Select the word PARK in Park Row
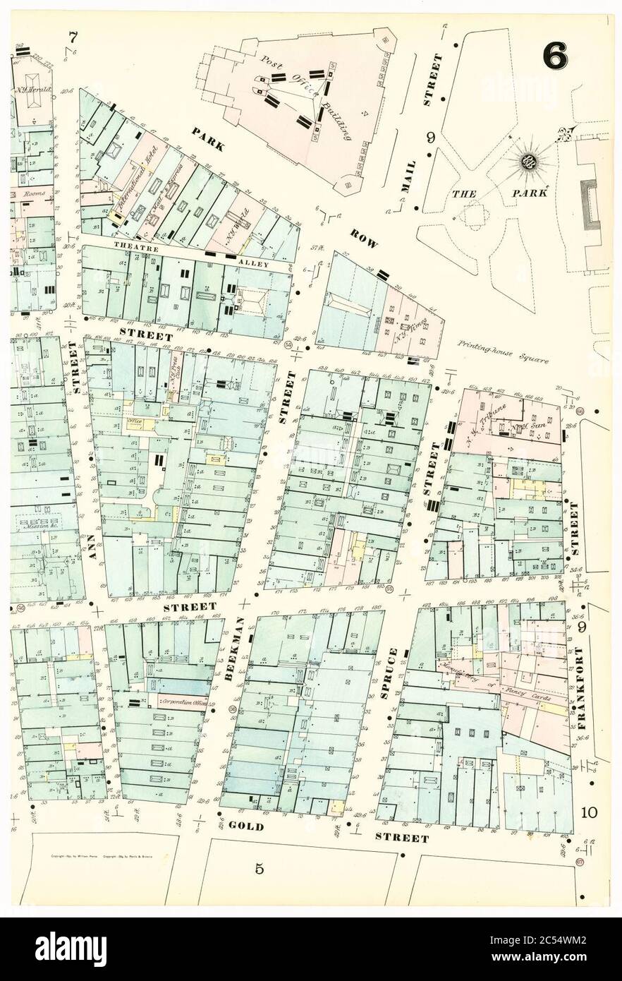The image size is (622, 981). tap(208, 138)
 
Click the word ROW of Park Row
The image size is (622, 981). tap(364, 239)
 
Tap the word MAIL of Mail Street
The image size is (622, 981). tap(409, 176)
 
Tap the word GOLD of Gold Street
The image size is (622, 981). tap(245, 826)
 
